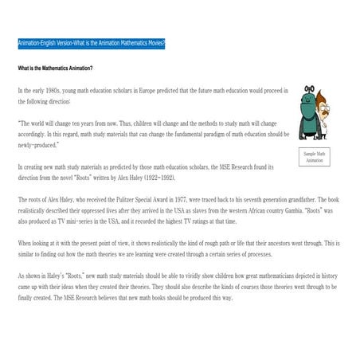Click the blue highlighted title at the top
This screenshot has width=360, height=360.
pos(92,42)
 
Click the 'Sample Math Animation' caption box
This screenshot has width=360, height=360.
pos(315,156)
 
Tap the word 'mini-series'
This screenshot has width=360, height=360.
pos(85,221)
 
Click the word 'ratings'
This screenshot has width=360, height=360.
pos(195,221)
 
